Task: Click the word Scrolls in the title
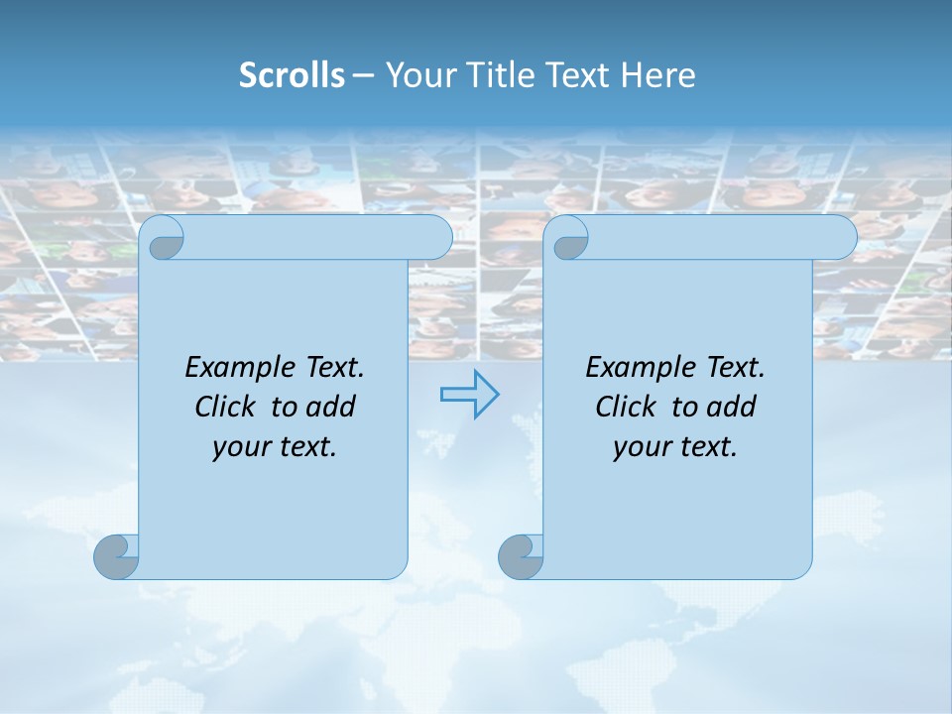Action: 292,75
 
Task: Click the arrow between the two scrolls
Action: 469,395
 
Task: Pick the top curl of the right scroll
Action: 570,238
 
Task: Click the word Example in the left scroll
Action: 236,368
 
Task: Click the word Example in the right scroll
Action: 637,368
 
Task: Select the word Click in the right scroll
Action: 625,407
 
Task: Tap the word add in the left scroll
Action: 330,407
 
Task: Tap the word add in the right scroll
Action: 731,407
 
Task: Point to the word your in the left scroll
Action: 239,447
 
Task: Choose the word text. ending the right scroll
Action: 706,447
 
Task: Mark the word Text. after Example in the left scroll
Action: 330,368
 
